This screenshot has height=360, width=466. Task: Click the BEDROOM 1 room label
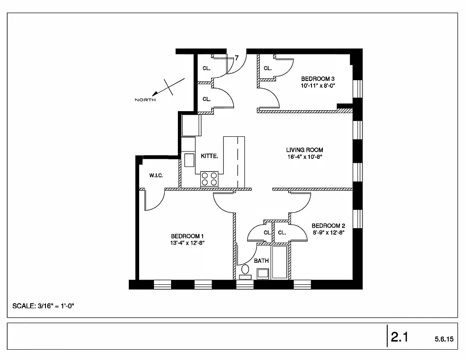[188, 236]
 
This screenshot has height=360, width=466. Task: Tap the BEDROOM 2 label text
[328, 226]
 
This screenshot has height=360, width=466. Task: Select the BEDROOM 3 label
[318, 79]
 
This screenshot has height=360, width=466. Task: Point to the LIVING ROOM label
[305, 150]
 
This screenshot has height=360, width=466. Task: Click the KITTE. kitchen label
[209, 156]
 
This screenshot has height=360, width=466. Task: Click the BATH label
[261, 261]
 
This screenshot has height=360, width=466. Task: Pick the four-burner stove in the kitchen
[209, 179]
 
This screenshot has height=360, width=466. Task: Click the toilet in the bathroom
[245, 270]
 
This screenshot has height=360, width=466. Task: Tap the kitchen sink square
[188, 160]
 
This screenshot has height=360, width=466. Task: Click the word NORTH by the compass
[145, 99]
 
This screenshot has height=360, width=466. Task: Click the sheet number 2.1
[399, 337]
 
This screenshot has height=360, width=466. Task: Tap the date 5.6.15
[444, 338]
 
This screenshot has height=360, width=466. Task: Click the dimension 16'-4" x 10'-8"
[305, 157]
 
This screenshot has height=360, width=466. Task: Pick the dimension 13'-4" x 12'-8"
[188, 243]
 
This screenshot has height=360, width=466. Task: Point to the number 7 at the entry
[237, 58]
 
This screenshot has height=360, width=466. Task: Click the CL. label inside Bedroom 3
[268, 68]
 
